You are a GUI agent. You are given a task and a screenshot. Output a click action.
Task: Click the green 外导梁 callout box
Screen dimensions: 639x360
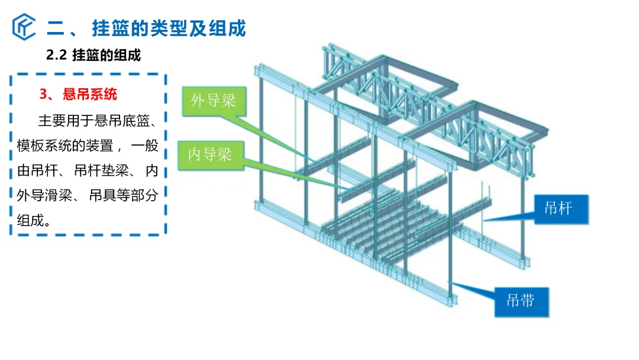click(214, 101)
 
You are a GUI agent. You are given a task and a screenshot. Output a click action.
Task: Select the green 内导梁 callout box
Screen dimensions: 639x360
click(211, 155)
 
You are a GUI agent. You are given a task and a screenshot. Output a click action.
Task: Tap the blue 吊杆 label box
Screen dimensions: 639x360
click(561, 209)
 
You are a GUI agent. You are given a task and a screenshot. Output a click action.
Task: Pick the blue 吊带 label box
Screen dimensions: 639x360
click(522, 302)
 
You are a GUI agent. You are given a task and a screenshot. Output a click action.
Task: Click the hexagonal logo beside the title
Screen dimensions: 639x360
click(24, 27)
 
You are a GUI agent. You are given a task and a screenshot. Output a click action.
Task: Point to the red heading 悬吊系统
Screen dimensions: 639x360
click(90, 94)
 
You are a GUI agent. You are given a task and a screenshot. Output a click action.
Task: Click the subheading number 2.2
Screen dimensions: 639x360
click(56, 55)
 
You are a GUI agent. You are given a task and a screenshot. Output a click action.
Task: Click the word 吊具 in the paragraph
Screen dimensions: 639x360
click(103, 195)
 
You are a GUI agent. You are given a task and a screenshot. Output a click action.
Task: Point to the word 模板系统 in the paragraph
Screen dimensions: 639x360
click(44, 146)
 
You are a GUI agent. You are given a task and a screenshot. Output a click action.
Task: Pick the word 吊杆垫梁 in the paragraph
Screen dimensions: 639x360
click(102, 171)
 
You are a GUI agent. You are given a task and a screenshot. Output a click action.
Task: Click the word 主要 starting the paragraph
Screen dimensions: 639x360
click(52, 121)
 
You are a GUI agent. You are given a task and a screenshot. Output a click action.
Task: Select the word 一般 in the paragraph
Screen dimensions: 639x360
click(145, 146)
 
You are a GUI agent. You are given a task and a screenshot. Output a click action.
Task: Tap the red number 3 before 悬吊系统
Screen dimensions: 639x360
click(43, 94)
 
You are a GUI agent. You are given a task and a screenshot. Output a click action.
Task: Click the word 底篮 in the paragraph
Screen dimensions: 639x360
click(136, 121)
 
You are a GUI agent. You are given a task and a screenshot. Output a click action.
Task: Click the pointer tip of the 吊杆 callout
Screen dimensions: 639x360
click(484, 221)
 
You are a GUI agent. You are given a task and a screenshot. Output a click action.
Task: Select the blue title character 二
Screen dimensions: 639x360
click(56, 28)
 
